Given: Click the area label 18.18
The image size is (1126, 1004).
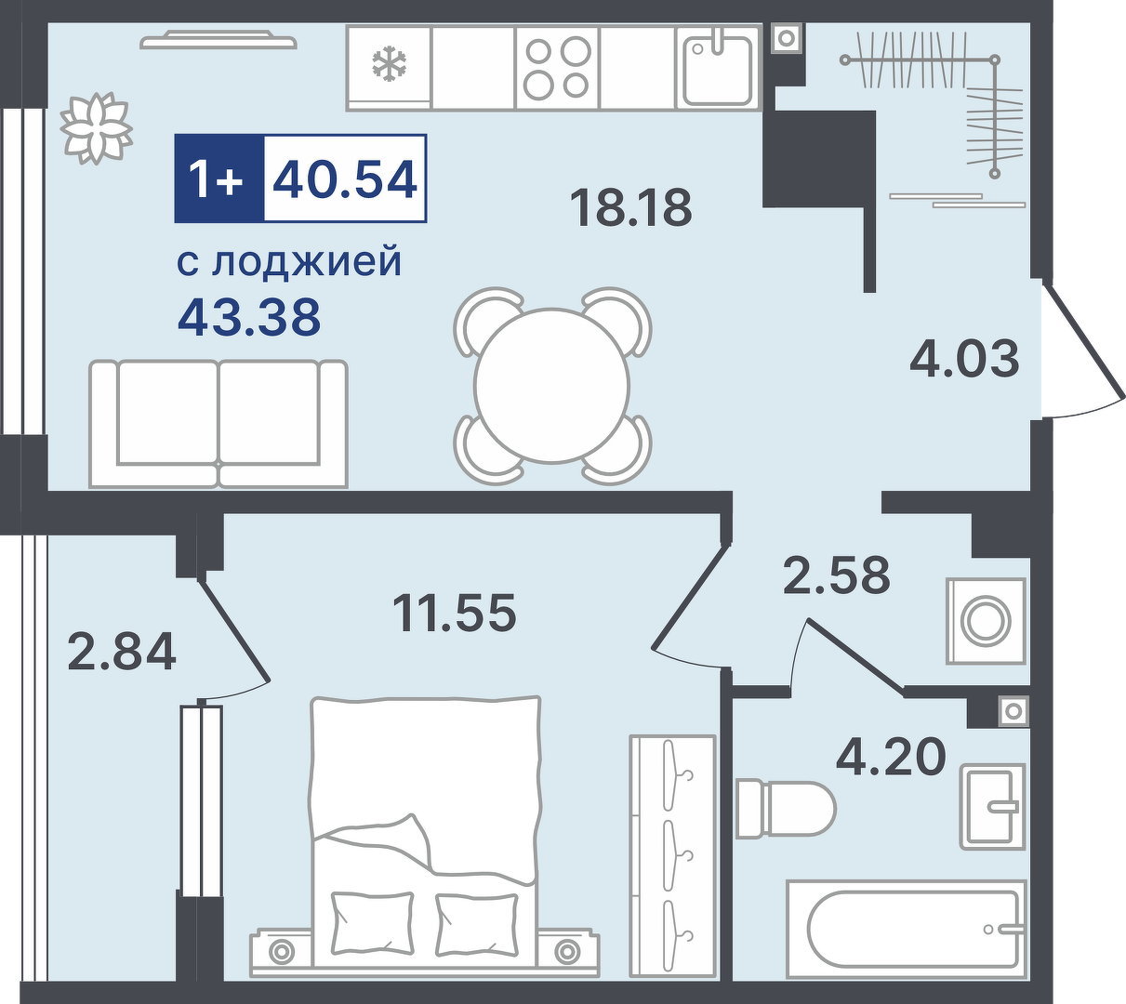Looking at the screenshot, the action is point(630,207).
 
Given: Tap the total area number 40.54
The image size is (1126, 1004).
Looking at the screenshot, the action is point(345,178).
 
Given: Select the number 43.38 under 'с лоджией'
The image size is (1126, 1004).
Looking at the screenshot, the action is point(249,316).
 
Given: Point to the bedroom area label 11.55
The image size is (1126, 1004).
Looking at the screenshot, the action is point(455,613).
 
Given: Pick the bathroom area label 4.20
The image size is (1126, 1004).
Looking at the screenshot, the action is point(891,756).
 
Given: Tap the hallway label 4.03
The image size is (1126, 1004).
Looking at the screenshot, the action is point(964,359).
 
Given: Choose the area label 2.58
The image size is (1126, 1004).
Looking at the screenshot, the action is point(837,574).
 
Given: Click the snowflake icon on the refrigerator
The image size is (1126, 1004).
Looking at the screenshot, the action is point(389,63).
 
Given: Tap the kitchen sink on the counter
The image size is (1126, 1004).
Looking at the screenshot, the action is point(718,67).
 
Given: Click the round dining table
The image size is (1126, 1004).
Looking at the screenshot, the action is point(552,385).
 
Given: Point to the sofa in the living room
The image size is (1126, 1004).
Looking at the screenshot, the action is point(219,424).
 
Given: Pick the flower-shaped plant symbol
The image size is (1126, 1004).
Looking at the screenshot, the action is point(96,128).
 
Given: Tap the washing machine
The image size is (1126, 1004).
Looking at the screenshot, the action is point(987,621).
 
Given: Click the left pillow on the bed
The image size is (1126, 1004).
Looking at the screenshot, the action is point(373,924).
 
